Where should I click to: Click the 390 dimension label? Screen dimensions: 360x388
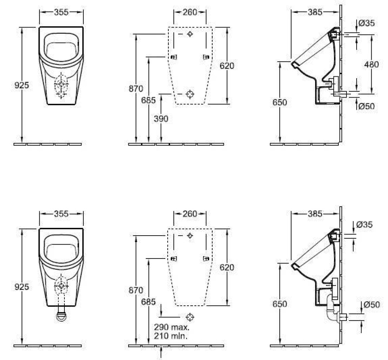click(x=161, y=119)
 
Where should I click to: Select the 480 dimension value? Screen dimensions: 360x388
click(x=371, y=64)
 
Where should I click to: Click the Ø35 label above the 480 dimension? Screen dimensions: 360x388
click(x=367, y=23)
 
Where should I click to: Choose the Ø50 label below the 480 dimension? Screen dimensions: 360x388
click(x=367, y=106)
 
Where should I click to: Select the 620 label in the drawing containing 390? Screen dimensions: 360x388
click(x=227, y=66)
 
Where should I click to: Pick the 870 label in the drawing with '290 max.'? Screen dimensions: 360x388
click(x=136, y=290)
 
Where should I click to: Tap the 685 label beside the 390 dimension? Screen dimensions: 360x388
click(x=148, y=100)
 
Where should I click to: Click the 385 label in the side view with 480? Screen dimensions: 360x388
click(x=315, y=12)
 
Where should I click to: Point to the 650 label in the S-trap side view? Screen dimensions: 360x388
click(x=279, y=304)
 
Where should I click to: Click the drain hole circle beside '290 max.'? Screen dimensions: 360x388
click(x=190, y=317)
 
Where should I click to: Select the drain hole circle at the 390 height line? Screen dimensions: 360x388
click(x=190, y=94)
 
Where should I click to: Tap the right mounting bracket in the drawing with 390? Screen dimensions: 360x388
click(x=206, y=57)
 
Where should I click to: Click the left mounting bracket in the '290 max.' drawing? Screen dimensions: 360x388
click(x=173, y=258)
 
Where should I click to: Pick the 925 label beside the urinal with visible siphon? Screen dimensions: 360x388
click(x=22, y=287)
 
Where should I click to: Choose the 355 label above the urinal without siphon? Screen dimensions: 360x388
click(x=61, y=12)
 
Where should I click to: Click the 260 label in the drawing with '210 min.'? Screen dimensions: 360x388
click(x=190, y=214)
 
